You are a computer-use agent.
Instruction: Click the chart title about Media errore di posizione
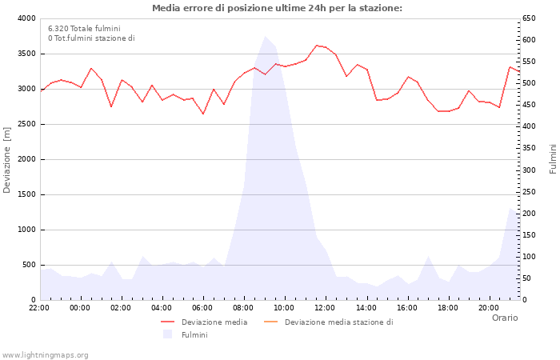pos(277,8)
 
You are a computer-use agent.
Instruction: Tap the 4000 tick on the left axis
pos(26,18)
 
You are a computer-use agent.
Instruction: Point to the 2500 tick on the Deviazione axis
pos(26,124)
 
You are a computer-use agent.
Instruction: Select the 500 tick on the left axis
pos(28,265)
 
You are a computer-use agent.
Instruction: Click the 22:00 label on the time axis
pos(39,307)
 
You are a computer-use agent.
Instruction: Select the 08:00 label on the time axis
pos(244,307)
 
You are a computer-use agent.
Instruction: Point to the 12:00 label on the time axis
pos(326,307)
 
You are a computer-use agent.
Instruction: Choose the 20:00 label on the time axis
pos(489,307)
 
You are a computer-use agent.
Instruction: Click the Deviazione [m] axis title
pos(8,159)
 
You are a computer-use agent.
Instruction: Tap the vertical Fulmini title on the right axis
pos(553,159)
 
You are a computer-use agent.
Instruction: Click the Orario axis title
pos(504,318)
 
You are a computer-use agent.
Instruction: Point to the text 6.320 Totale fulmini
pos(84,28)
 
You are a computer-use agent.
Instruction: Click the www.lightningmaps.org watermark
pos(46,354)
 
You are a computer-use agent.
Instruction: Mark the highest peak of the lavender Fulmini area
pos(265,36)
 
